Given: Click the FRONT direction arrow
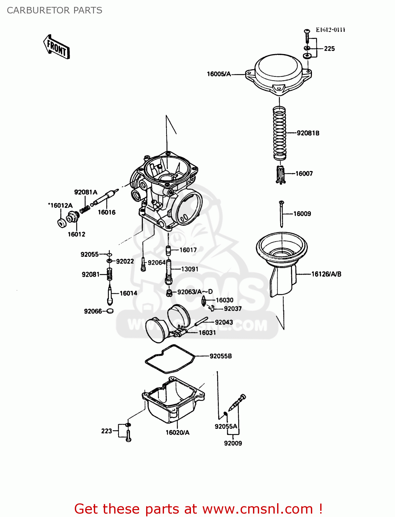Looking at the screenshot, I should click(x=57, y=47).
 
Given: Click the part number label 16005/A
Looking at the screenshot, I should click(x=219, y=74).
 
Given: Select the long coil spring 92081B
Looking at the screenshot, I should click(x=280, y=133).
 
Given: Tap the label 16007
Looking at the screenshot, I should click(x=304, y=174).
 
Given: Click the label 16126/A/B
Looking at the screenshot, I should click(x=326, y=274).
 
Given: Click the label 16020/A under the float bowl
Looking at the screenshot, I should click(x=178, y=433).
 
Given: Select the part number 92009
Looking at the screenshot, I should click(x=233, y=443).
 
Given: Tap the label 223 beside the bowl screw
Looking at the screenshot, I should click(x=107, y=431).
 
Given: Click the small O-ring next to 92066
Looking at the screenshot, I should click(x=110, y=311).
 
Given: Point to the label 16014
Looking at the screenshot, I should click(x=128, y=293).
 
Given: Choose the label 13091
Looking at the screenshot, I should click(x=190, y=269).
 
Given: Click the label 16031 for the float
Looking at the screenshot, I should click(x=207, y=333).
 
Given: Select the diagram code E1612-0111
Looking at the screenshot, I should click(x=330, y=30).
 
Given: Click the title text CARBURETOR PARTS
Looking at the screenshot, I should click(x=54, y=10).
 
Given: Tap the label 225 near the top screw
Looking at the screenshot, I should click(x=329, y=49).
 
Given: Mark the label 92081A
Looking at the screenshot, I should click(x=86, y=192).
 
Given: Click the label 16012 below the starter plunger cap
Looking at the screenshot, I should click(x=76, y=234).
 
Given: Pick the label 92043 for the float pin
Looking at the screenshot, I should click(x=224, y=322).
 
